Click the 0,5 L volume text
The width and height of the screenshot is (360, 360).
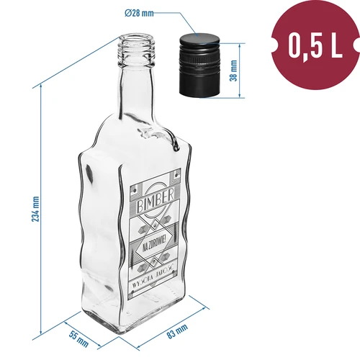point(314,45)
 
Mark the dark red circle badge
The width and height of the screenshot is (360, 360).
point(313,45)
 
